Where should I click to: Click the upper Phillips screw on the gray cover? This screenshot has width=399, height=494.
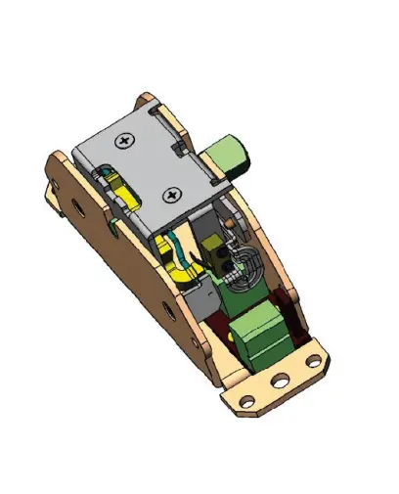(x=125, y=143)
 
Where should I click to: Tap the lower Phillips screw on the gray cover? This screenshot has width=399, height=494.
(x=174, y=195)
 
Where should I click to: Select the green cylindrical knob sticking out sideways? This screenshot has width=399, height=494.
(x=231, y=155)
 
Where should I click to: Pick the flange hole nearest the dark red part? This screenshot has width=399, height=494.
(x=313, y=361)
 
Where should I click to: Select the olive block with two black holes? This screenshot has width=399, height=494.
(x=223, y=256)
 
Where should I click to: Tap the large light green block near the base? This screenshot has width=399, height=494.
(x=261, y=333)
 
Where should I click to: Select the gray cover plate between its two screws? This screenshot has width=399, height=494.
(x=150, y=168)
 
